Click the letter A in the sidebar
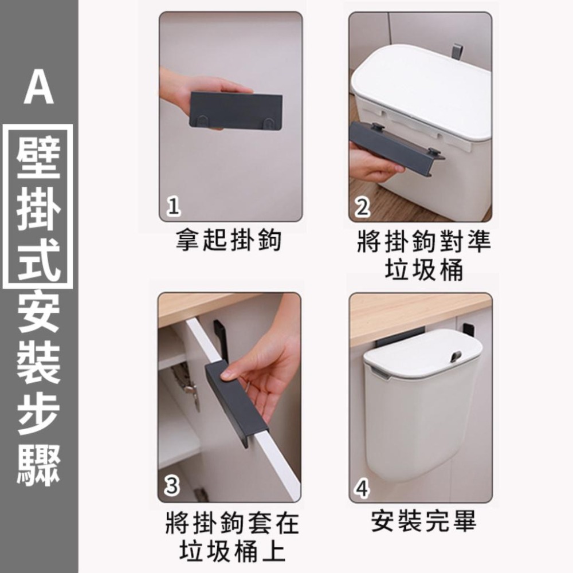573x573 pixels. pyautogui.click(x=38, y=91)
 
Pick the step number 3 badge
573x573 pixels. pyautogui.click(x=171, y=488)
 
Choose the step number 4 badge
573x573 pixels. pyautogui.click(x=362, y=488)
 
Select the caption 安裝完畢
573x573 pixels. pyautogui.click(x=423, y=521)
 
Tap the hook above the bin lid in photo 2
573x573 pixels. pyautogui.click(x=457, y=51)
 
